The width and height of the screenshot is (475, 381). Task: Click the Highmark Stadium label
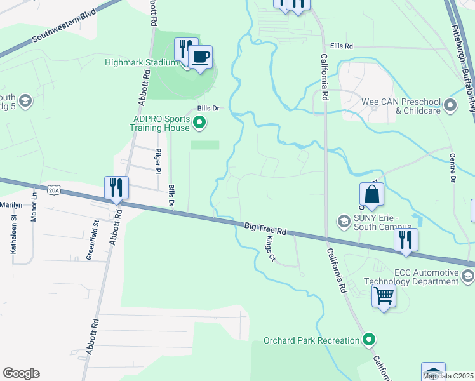141,62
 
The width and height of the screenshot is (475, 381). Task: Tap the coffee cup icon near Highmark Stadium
200,57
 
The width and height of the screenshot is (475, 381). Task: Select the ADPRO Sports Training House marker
199,123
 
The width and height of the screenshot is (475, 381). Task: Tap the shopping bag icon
371,195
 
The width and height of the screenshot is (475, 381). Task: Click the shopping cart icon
384,295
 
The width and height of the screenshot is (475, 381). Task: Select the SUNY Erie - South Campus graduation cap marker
344,221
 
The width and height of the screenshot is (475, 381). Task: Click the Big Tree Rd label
265,229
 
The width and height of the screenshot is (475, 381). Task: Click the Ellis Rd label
341,46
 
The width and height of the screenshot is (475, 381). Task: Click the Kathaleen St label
13,235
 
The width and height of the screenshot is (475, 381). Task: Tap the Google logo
21,373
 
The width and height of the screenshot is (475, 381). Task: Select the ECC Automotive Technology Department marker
468,275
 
